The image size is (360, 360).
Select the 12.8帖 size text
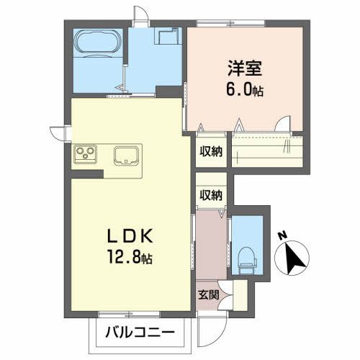click(130, 257)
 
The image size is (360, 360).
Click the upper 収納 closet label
click(211, 151)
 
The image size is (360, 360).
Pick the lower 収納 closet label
click(211, 195)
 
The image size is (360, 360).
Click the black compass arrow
click(295, 258)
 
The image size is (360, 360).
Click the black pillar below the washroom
click(170, 92)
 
